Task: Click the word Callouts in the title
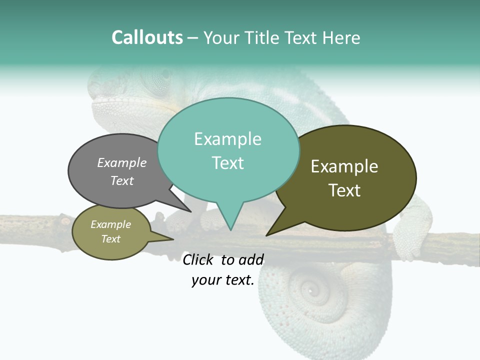(x=147, y=37)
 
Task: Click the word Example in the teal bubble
(x=227, y=139)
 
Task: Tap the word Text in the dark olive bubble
(x=344, y=190)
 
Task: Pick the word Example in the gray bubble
(x=122, y=163)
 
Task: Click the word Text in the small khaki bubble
(x=110, y=239)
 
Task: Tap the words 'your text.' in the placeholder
(x=222, y=280)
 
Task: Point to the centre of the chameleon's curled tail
(x=310, y=290)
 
